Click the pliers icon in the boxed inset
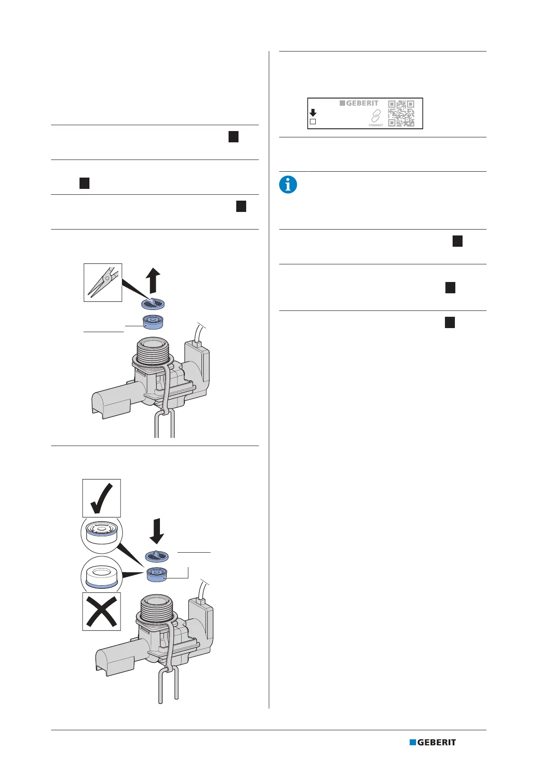103,282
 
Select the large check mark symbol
102,498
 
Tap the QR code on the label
401,113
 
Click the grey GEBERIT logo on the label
359,103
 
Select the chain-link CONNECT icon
376,116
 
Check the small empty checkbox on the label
313,122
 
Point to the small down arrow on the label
313,113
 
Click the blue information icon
288,185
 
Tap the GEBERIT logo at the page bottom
433,742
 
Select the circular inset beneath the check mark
102,536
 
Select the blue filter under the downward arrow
156,556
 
